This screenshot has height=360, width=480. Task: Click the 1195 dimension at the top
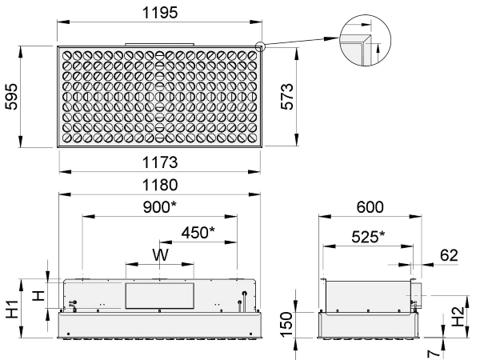160,13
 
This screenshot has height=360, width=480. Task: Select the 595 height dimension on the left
12,97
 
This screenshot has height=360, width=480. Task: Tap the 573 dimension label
287,97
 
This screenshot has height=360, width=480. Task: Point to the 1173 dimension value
160,162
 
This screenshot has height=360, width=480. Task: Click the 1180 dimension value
160,185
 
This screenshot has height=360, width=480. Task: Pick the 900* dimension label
160,207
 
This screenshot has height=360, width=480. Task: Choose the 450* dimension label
198,232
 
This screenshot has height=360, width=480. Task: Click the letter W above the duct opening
160,254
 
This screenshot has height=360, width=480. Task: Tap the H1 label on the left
12,309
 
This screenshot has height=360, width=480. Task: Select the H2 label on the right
458,317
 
